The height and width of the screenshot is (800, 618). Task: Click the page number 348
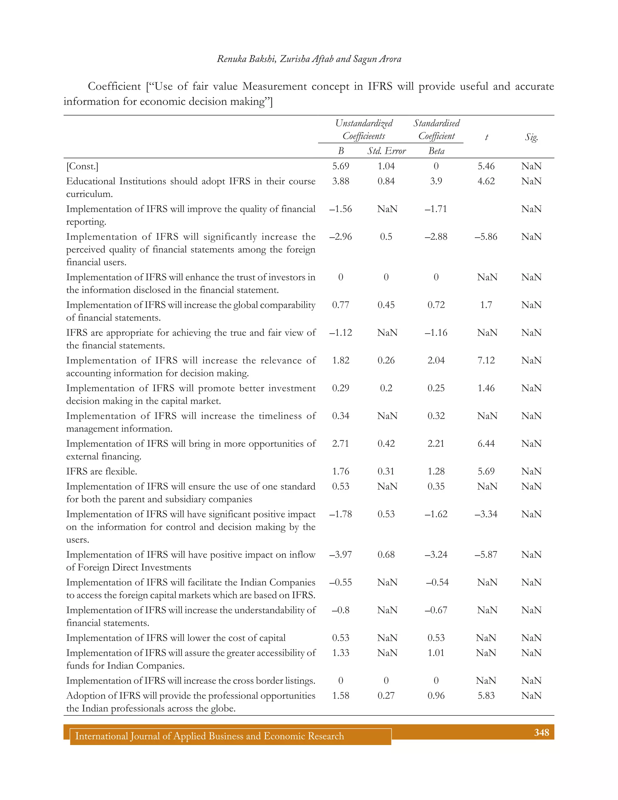(541, 733)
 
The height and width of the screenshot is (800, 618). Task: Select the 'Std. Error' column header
(387, 151)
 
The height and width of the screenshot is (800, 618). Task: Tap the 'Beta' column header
(436, 151)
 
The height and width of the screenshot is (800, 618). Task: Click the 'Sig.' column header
(531, 137)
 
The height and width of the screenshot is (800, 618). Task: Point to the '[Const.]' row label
(82, 166)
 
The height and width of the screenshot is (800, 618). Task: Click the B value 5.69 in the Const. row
(340, 166)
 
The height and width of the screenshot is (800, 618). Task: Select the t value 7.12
(486, 360)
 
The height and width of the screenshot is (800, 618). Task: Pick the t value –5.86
(486, 237)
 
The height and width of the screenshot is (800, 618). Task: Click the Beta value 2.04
(436, 360)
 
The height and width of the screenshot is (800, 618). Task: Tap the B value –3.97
(340, 555)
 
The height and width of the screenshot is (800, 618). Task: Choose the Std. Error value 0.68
(386, 555)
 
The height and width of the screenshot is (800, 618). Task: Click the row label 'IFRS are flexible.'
(102, 472)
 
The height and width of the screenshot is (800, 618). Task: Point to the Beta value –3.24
(436, 555)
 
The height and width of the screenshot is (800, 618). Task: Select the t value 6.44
(486, 443)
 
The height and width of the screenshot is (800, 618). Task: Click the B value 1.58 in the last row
(340, 696)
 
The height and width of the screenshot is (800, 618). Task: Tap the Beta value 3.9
(436, 181)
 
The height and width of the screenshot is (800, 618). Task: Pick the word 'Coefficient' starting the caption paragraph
(114, 86)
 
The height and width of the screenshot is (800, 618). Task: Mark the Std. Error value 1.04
(386, 166)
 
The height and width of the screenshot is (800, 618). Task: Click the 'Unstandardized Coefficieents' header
(364, 130)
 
